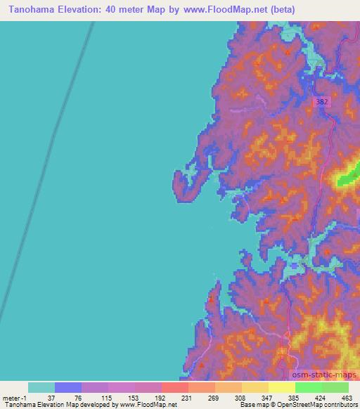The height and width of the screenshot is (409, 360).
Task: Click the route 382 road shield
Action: [323, 102]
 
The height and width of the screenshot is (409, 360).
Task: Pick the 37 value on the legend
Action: [55, 398]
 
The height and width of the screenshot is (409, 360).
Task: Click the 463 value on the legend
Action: [347, 398]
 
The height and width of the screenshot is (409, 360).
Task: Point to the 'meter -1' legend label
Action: [16, 398]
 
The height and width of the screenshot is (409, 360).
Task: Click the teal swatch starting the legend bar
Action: [41, 387]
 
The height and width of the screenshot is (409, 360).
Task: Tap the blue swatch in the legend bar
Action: [68, 387]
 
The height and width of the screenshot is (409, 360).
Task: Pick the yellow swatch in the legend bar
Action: [281, 387]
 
